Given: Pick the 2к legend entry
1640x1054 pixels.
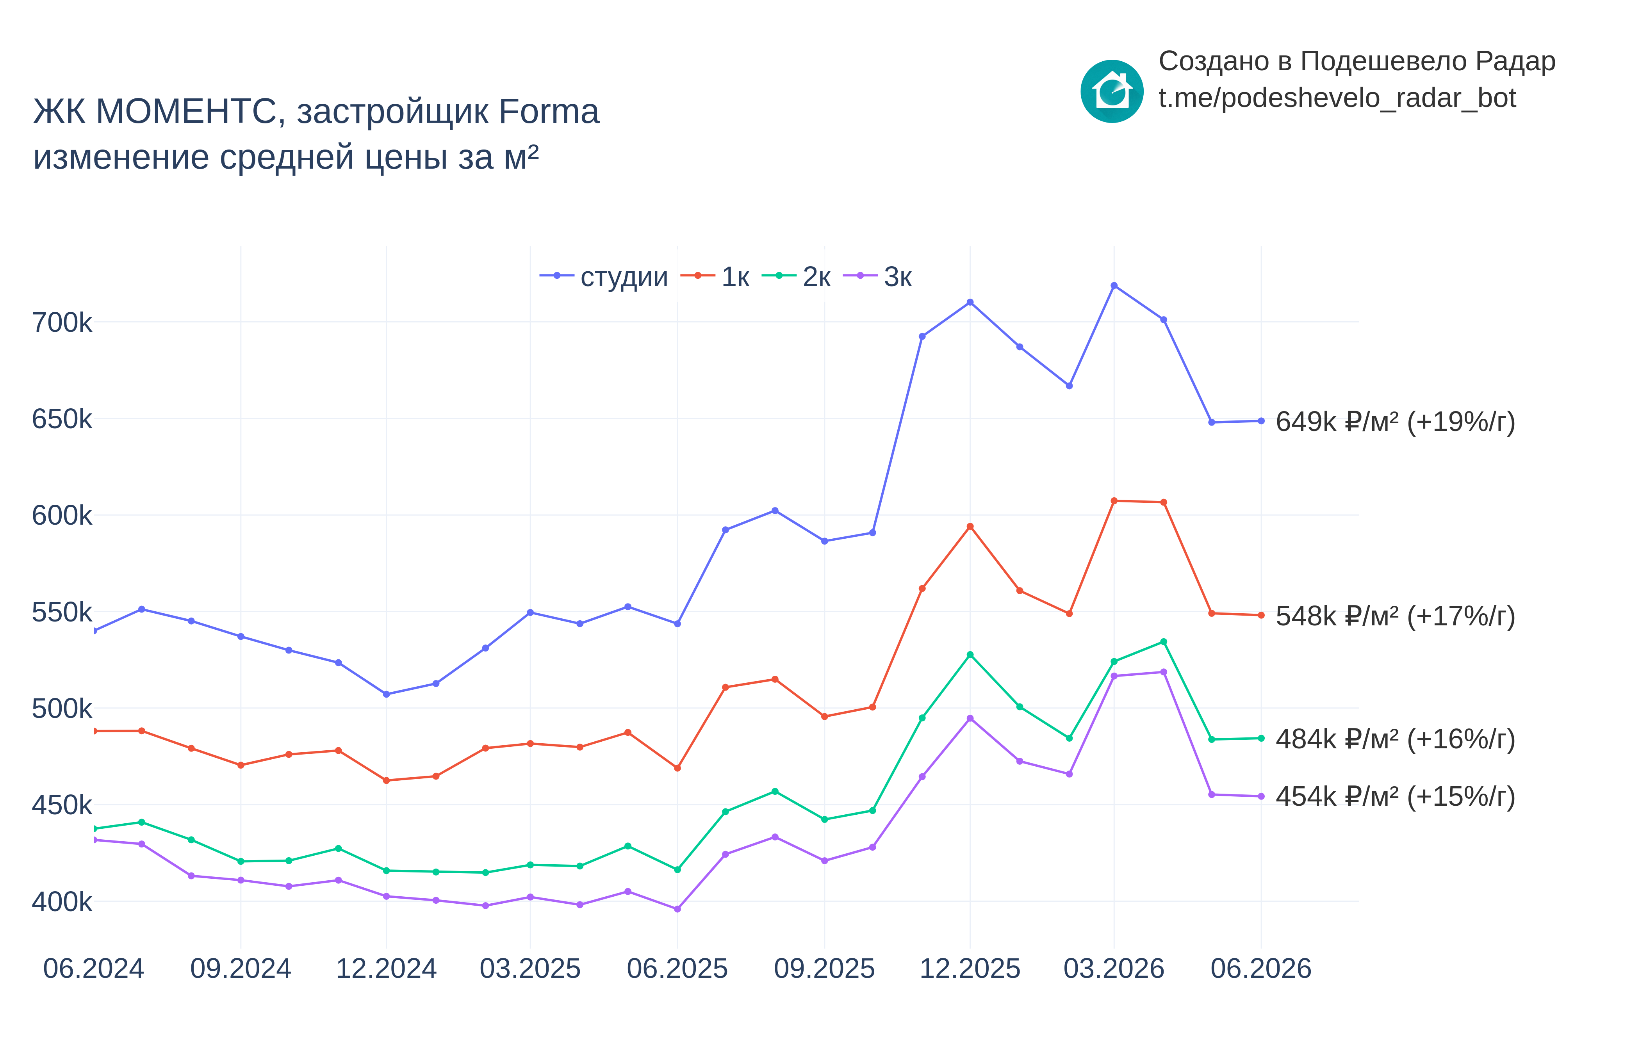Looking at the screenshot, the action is coord(796,276).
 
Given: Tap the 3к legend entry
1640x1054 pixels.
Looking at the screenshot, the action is coord(877,276).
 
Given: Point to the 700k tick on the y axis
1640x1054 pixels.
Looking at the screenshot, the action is coord(62,322).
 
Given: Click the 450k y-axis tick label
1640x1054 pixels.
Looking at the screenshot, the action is coord(62,806).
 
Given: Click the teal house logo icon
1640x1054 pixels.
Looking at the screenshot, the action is coord(1112,91).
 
